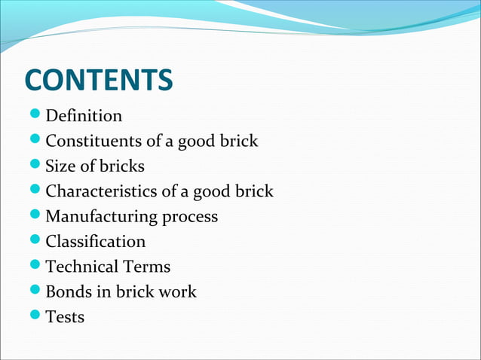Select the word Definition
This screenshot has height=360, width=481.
pos(84,116)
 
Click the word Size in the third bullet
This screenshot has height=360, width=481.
pos(60,166)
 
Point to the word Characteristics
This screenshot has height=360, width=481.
pos(103,191)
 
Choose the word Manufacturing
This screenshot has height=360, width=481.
pos(103,217)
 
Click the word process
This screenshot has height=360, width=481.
pos(191,217)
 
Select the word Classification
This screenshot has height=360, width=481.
pos(96,242)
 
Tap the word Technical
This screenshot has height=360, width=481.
pos(82,267)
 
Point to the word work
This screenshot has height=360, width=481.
pos(178,291)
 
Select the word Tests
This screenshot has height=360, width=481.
pos(65,317)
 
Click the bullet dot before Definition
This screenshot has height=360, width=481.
pos(36,117)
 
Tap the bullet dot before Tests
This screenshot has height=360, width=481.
pos(36,317)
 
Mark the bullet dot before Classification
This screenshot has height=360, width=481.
pos(36,242)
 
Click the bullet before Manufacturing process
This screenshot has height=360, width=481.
pos(36,217)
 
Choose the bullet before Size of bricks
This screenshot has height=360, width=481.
pos(36,166)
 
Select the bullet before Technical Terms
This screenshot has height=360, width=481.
pos(36,267)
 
